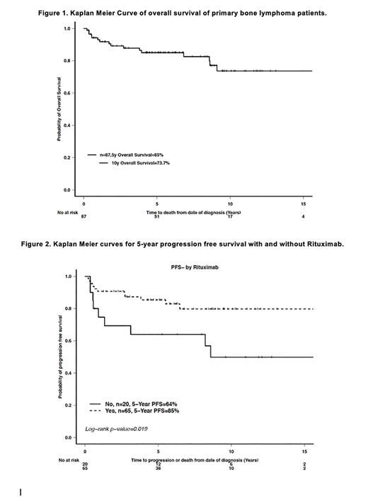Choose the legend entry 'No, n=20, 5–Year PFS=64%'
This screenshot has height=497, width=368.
click(x=137, y=403)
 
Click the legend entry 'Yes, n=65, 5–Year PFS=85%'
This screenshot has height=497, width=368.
click(x=139, y=411)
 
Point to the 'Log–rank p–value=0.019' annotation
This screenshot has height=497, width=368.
click(x=118, y=429)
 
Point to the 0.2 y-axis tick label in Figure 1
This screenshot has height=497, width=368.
click(x=67, y=157)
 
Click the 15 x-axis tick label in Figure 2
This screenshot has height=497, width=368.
click(x=304, y=452)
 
